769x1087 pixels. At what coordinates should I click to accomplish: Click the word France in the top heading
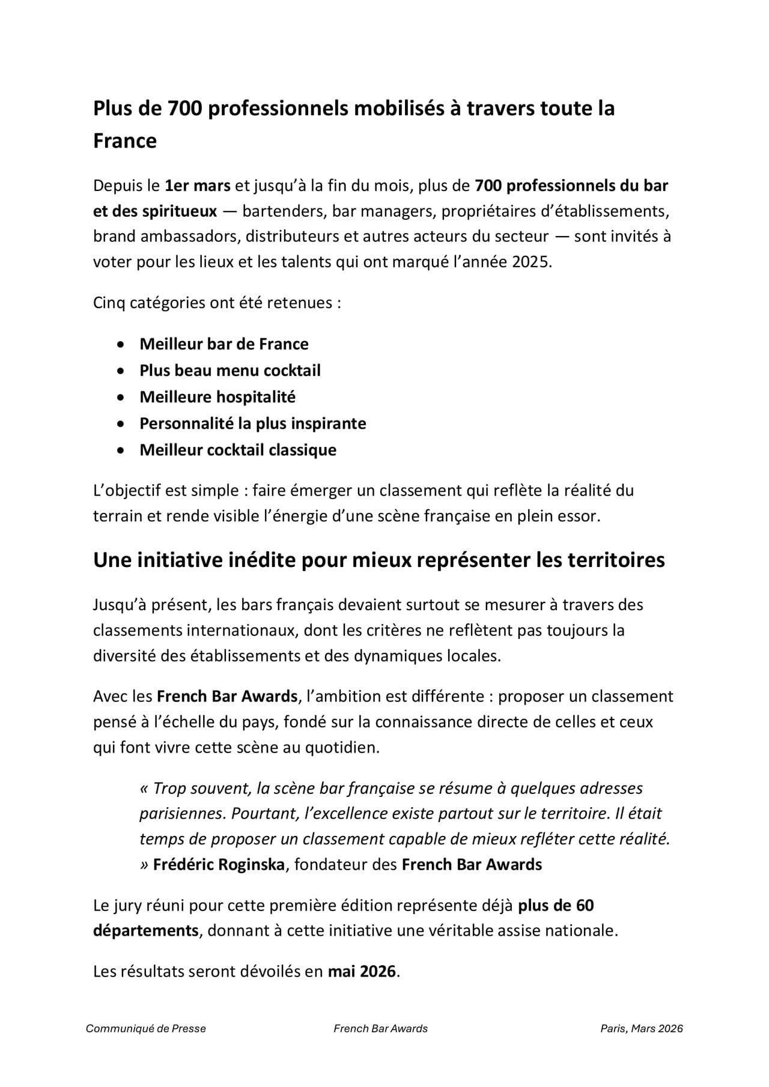125,141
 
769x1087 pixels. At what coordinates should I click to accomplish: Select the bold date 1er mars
198,186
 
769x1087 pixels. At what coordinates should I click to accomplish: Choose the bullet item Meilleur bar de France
224,344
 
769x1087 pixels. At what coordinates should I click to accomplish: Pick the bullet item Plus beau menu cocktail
230,371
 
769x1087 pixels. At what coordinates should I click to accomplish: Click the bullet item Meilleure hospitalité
217,397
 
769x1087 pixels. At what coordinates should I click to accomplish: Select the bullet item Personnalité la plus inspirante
253,423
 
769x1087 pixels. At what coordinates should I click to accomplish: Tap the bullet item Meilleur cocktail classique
238,450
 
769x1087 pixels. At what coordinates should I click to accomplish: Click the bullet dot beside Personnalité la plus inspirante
122,424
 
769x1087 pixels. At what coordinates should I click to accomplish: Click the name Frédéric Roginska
219,865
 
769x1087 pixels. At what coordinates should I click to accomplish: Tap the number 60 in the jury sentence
585,905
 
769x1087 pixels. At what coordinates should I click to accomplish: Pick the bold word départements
146,931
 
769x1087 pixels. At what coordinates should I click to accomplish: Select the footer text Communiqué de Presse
146,1029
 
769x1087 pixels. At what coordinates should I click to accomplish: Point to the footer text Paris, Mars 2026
642,1029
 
